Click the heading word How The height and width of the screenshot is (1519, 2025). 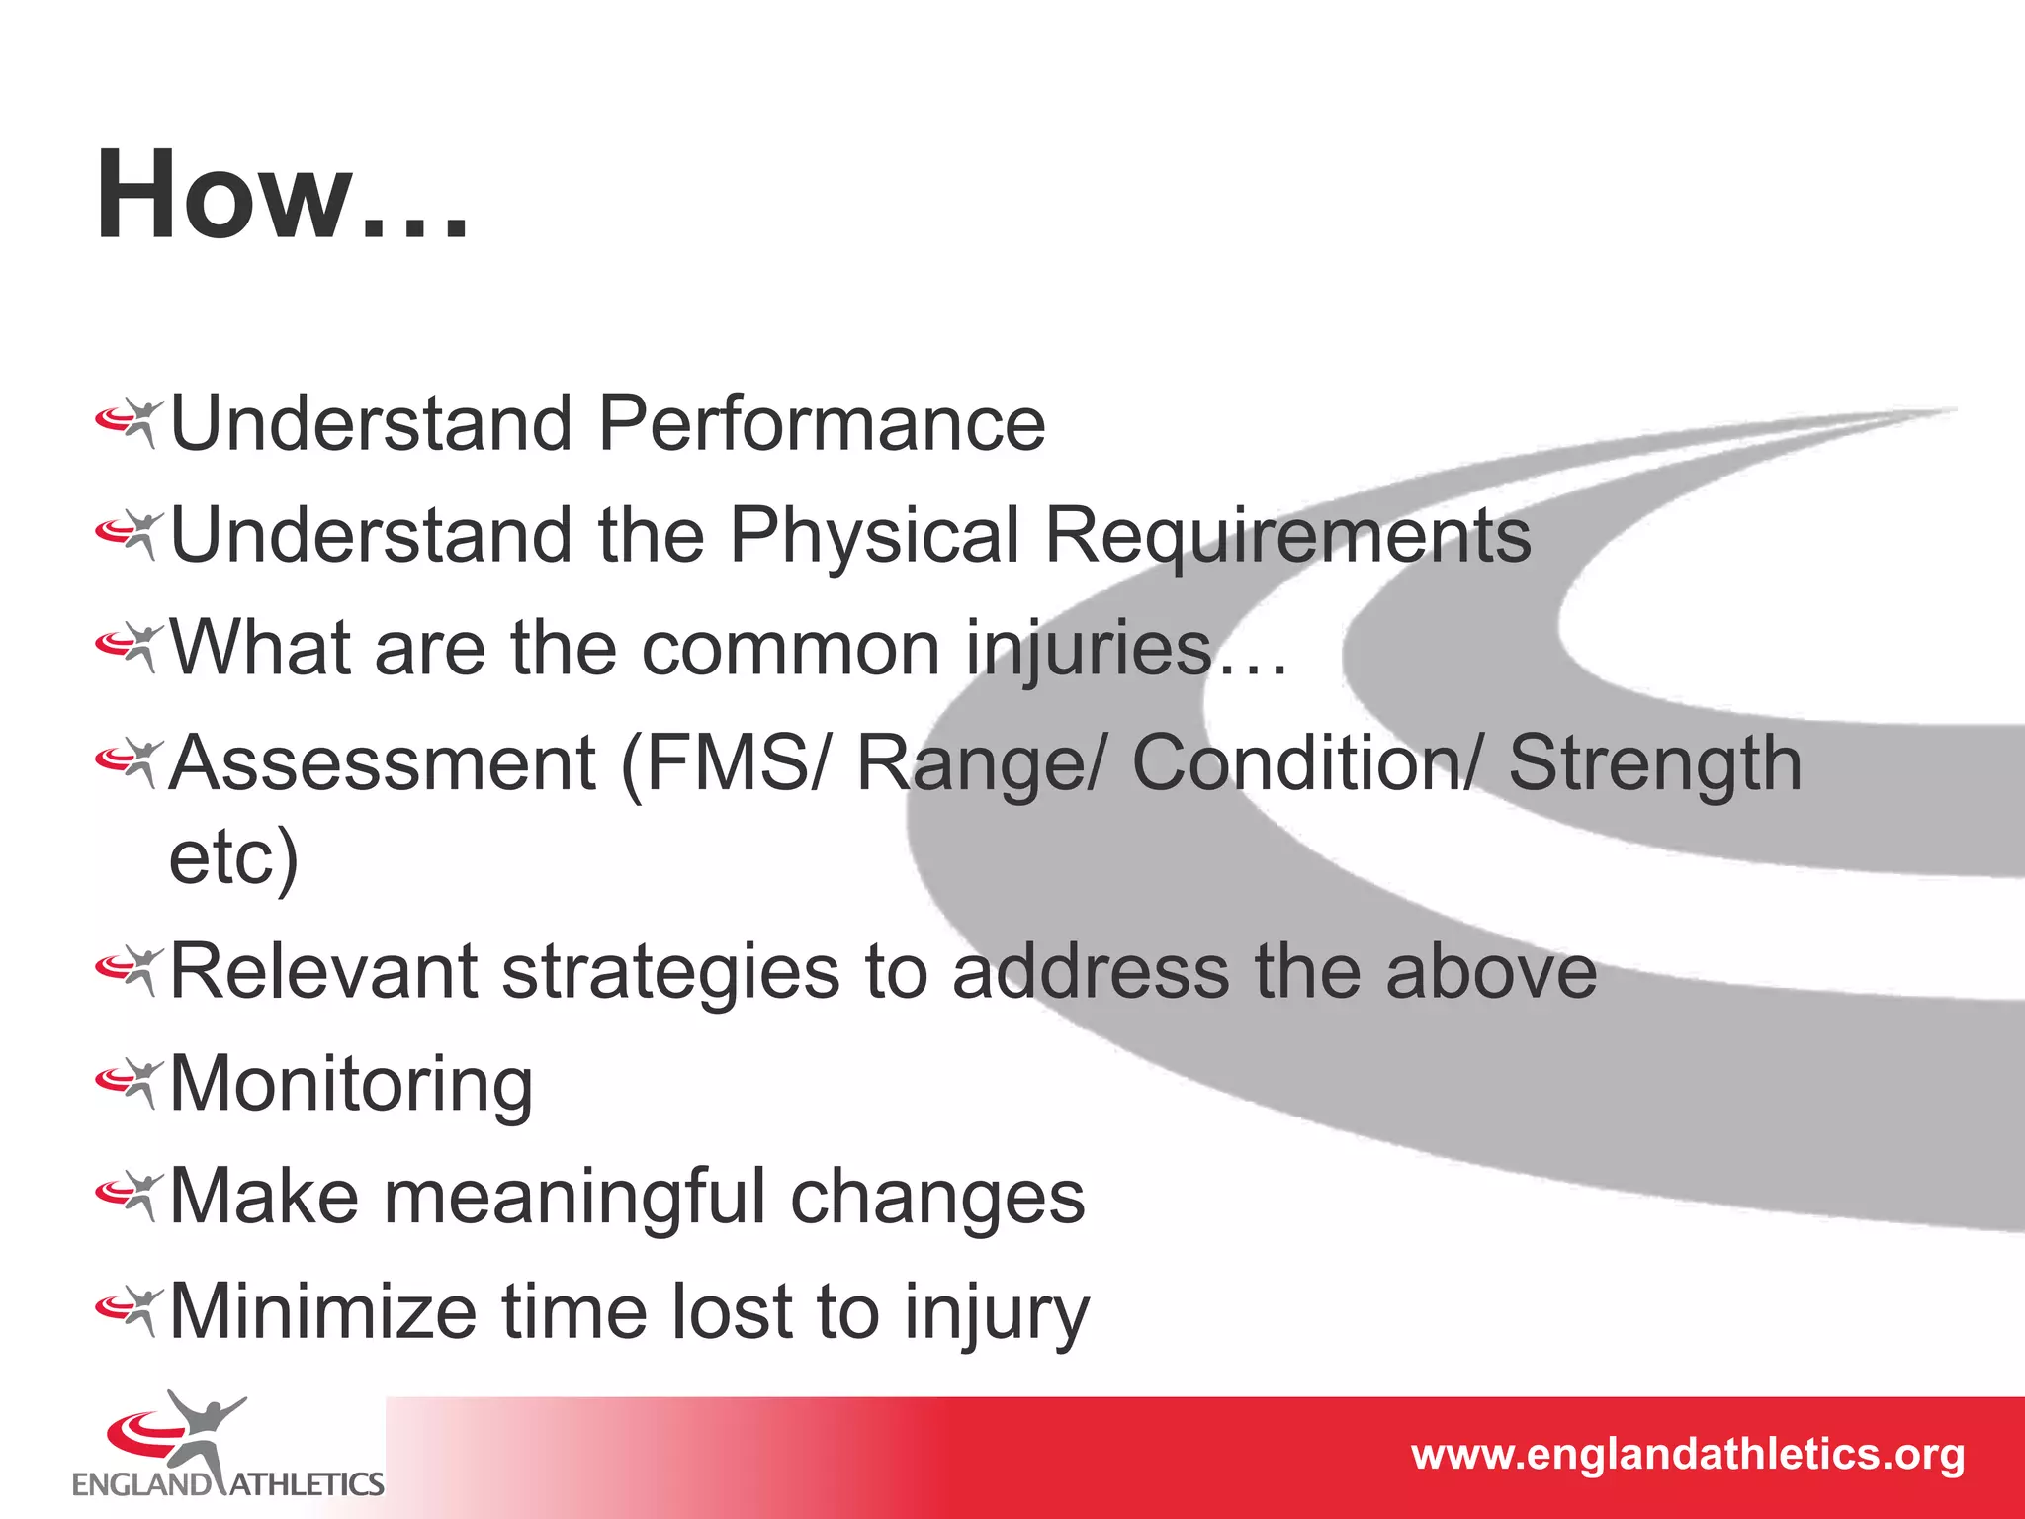pyautogui.click(x=225, y=195)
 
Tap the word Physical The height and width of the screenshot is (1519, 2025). pyautogui.click(x=874, y=536)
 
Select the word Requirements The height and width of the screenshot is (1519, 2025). pyautogui.click(x=1286, y=536)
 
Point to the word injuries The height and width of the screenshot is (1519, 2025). pyautogui.click(x=1089, y=650)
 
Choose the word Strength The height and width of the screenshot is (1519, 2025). pyautogui.click(x=1655, y=763)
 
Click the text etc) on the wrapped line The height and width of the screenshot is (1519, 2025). pyautogui.click(x=233, y=857)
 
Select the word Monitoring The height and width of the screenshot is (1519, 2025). pyautogui.click(x=351, y=1085)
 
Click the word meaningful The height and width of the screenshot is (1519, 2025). pyautogui.click(x=574, y=1198)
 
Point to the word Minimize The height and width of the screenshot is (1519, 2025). pyautogui.click(x=323, y=1311)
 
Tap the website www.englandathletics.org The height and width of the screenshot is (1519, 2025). pyautogui.click(x=1687, y=1455)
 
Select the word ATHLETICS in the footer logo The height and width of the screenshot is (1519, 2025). pyautogui.click(x=307, y=1484)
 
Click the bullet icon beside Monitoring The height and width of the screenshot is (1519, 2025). pyautogui.click(x=129, y=1083)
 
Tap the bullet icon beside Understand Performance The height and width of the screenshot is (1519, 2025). pyautogui.click(x=129, y=423)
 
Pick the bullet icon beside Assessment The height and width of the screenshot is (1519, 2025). pyautogui.click(x=129, y=763)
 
